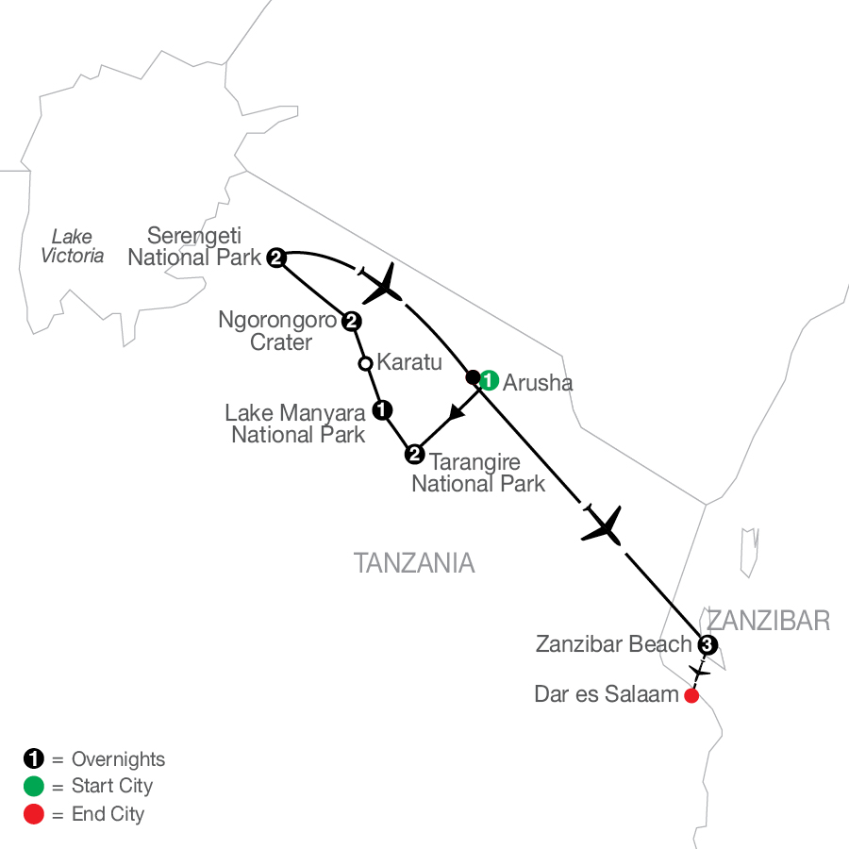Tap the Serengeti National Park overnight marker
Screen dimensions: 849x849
point(276,257)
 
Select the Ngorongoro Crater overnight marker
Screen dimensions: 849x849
point(351,322)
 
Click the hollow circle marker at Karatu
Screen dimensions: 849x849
point(365,362)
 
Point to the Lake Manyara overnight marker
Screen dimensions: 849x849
point(381,409)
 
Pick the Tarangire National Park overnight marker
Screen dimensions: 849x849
point(413,456)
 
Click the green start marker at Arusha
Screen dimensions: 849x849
point(489,381)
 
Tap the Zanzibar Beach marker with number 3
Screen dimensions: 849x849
point(707,645)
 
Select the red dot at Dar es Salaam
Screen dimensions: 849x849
point(691,696)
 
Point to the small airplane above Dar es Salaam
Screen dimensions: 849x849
point(699,672)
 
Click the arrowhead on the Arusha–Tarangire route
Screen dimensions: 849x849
point(456,412)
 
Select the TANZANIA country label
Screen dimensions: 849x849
point(414,564)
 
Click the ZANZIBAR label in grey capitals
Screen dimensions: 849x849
point(768,620)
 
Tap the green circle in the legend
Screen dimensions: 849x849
point(34,786)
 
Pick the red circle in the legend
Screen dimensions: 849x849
point(34,813)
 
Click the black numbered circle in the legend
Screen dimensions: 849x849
point(34,758)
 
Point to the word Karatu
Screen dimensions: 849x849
point(409,362)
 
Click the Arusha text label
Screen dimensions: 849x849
point(538,383)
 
